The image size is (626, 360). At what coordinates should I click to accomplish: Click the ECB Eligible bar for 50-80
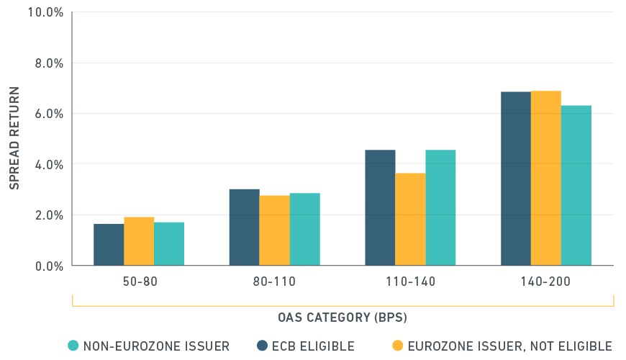coord(109,245)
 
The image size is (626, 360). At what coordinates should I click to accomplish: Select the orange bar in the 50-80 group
coord(139,241)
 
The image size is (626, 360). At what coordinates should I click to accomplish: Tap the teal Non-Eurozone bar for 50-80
coord(169,244)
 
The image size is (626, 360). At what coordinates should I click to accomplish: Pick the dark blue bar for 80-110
coord(245,228)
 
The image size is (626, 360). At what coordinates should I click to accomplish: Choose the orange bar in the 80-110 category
coord(275,230)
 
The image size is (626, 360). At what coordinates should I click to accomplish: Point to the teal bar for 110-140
coord(441,208)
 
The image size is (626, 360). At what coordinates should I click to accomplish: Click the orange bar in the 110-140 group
coord(410,220)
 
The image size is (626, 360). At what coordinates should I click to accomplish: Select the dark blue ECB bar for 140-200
coord(516,179)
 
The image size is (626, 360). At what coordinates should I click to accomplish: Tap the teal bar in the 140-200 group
coord(576,185)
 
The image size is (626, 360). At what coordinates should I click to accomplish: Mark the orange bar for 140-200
coord(546,179)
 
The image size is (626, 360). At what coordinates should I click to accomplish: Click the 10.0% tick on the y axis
coord(45,12)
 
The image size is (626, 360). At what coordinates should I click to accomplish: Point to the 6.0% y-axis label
coord(49,114)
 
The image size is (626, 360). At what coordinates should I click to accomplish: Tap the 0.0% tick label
coord(49,266)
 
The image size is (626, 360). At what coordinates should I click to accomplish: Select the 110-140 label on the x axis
coord(410,282)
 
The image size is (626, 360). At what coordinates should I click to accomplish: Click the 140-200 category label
coord(545,282)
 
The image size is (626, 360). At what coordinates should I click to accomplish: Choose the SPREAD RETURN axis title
coord(14,138)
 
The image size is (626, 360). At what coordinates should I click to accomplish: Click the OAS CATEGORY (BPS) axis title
coord(343,318)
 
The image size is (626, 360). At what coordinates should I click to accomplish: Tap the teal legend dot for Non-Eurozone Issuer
coord(73,346)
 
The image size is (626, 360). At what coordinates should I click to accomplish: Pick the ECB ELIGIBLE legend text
coord(314,346)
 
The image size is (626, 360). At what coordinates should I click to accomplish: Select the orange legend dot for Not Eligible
coord(398,346)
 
